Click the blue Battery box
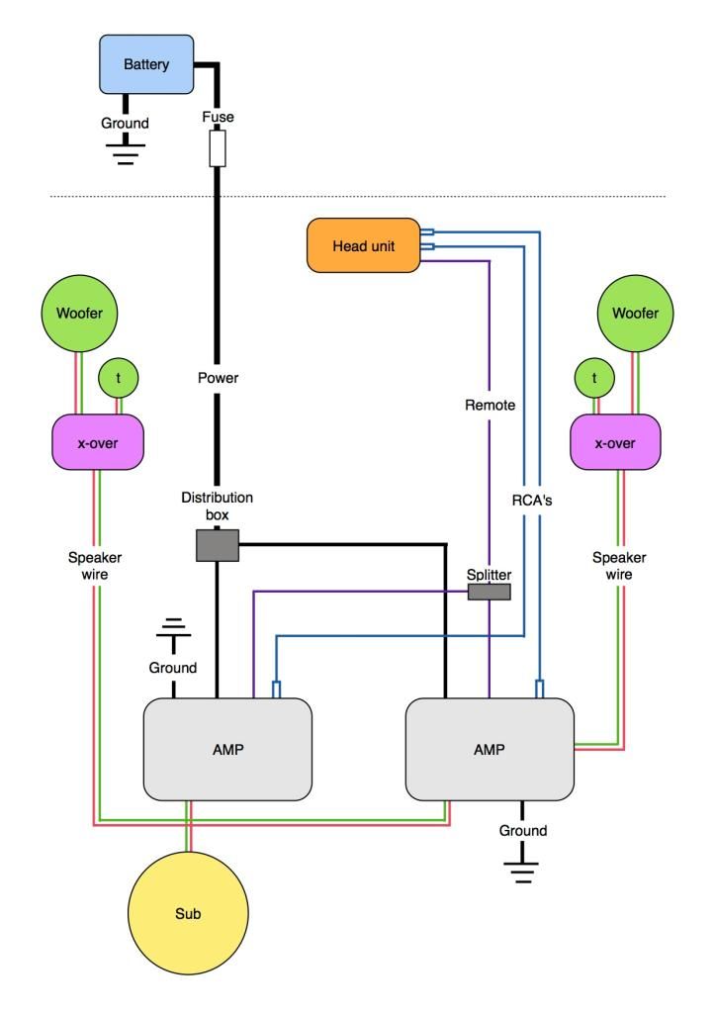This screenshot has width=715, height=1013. (x=146, y=64)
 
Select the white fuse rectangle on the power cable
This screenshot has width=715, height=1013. (x=218, y=150)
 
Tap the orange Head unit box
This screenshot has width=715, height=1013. (x=363, y=245)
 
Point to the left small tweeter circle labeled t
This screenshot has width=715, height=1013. (x=118, y=377)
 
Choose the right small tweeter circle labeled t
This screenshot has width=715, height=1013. (x=593, y=377)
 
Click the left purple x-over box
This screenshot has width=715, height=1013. (x=97, y=443)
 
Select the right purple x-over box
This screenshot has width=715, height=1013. (x=614, y=443)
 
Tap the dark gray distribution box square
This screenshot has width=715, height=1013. (x=218, y=545)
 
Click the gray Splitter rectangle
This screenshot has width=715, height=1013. (x=489, y=592)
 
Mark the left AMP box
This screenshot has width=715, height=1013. (x=227, y=749)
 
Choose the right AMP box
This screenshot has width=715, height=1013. (x=490, y=749)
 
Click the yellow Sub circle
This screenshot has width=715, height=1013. (x=188, y=913)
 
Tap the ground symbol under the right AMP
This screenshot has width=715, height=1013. (x=522, y=871)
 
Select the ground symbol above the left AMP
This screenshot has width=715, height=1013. (x=174, y=629)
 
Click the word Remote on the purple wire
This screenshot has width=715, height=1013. (x=489, y=405)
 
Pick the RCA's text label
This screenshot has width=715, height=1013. (x=532, y=501)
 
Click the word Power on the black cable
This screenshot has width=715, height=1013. (x=218, y=377)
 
